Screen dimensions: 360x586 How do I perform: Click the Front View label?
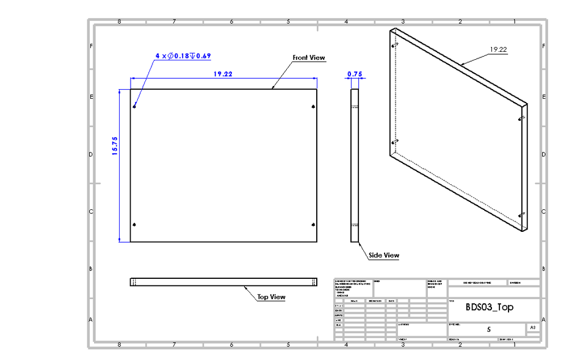(x=309, y=58)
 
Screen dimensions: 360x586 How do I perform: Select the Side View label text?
(x=384, y=255)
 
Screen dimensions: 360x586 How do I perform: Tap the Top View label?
(x=271, y=297)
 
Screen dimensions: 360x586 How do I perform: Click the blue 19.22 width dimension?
(x=222, y=74)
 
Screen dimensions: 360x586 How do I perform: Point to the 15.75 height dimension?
(x=115, y=146)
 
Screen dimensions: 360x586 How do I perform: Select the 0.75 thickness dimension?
(x=355, y=74)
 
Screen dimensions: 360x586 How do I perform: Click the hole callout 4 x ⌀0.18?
(x=183, y=56)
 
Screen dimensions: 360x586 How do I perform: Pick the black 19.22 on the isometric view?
(x=499, y=50)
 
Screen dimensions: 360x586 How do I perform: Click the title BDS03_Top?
(x=490, y=307)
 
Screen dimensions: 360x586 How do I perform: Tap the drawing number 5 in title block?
(x=488, y=329)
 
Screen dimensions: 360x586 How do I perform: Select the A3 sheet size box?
(x=533, y=328)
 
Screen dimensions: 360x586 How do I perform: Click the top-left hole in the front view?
(x=135, y=107)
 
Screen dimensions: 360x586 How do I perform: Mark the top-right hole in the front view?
(x=313, y=107)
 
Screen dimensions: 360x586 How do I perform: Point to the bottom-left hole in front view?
(x=135, y=225)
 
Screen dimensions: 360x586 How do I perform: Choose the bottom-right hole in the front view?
(x=313, y=225)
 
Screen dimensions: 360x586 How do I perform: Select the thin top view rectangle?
(x=224, y=282)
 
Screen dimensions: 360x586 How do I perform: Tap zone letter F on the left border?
(x=92, y=46)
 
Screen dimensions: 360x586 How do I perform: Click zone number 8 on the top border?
(x=119, y=22)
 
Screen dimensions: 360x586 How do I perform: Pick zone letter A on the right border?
(x=543, y=319)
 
